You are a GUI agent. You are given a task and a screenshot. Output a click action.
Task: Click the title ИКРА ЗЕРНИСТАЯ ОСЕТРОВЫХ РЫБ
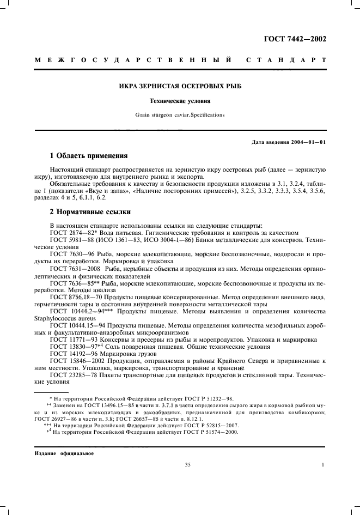coord(180,87)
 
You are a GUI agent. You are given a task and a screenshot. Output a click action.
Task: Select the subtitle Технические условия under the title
coord(180,101)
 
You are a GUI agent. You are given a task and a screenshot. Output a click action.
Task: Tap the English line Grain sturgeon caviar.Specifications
coord(180,115)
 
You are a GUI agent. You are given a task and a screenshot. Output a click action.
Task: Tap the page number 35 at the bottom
coord(188,465)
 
